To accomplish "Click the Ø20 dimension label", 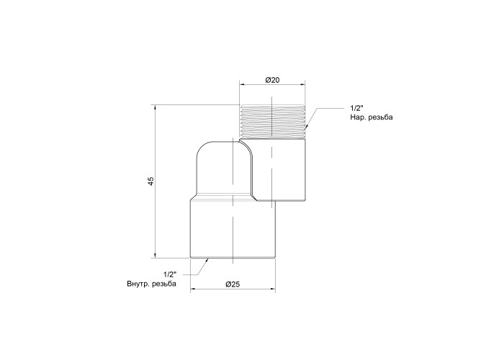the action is tap(273, 80).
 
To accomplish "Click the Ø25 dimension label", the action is tap(233, 284).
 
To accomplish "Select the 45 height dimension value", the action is tap(151, 181).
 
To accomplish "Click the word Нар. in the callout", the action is tap(358, 117).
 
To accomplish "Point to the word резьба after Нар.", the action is tap(381, 117).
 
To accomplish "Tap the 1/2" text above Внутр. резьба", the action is tap(170, 274).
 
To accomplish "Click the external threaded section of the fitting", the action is tap(273, 122).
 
